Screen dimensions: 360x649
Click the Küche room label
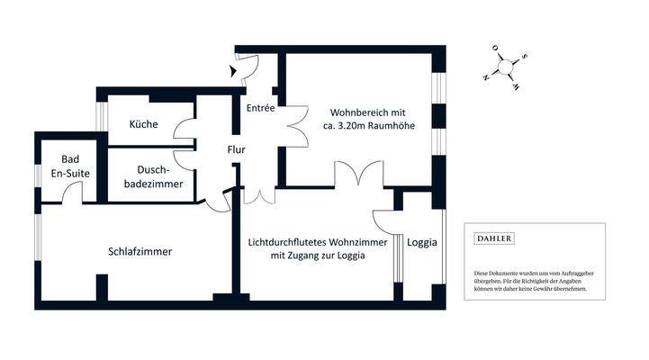[x=144, y=125]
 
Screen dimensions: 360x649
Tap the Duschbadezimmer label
[x=159, y=175]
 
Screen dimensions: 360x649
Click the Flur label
[x=237, y=149]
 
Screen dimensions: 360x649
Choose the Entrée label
[x=260, y=107]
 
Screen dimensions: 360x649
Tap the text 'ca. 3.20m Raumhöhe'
[x=368, y=127]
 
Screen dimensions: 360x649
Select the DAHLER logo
[x=494, y=239]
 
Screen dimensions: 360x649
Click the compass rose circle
[x=506, y=67]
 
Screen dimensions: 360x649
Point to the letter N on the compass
[x=486, y=77]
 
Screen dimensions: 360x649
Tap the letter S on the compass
[x=526, y=56]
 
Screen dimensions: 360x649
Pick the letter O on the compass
[x=494, y=49]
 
